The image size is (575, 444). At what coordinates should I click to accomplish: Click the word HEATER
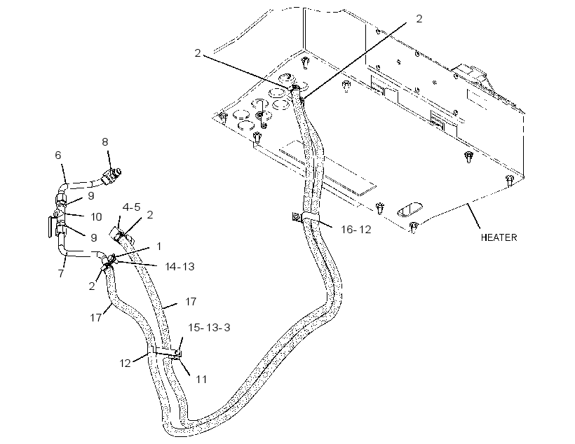pos(499,237)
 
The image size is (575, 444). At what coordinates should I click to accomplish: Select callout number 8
pos(105,142)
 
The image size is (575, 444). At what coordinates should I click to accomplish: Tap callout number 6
pos(58,155)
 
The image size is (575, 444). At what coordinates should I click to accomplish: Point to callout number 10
pos(96,217)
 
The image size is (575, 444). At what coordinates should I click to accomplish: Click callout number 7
pos(61,273)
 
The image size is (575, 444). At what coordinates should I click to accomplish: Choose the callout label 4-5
pos(131,207)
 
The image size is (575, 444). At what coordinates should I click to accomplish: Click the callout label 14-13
pos(180,267)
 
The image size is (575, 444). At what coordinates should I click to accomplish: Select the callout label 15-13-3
pos(210,328)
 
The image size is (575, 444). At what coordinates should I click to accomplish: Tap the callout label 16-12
pos(356,230)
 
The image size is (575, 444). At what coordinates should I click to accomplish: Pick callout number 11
pos(201,379)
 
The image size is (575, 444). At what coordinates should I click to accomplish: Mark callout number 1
pos(158,247)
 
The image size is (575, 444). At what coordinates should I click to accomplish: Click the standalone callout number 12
pos(125,363)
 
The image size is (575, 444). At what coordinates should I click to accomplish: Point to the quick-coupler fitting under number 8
pos(112,175)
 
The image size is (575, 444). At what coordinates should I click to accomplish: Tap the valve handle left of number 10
pos(50,227)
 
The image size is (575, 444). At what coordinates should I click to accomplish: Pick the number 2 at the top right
pos(419,19)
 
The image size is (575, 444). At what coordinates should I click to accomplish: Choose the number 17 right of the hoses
pos(191,302)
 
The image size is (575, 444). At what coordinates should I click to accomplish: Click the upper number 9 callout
pos(91,196)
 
